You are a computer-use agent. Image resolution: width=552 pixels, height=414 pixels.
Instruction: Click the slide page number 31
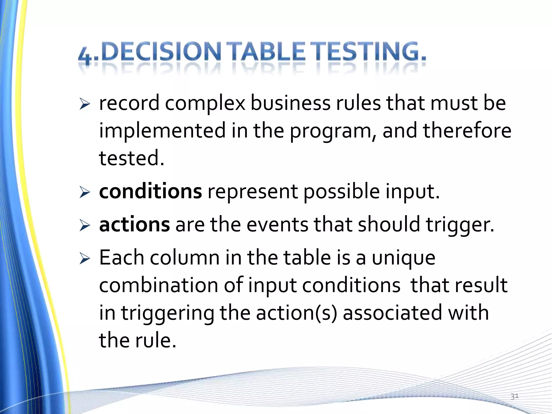coord(514,396)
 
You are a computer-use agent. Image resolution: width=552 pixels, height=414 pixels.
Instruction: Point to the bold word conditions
coord(150,191)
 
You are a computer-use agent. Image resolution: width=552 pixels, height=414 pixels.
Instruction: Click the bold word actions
coord(134,225)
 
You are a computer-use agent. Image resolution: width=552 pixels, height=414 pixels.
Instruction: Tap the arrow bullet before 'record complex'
coord(85,105)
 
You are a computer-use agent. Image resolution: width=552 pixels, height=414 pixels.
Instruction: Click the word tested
coord(132,158)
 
